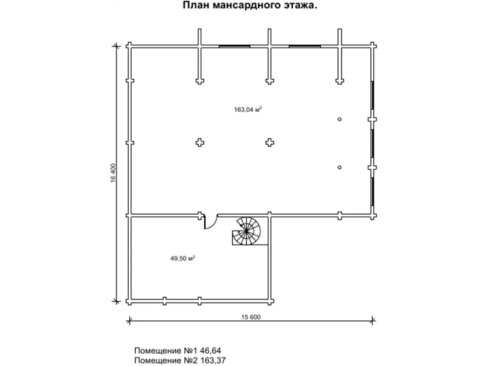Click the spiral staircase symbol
[x=246, y=231]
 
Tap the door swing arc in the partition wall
[x=210, y=222]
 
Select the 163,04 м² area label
[x=248, y=109]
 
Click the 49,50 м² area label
[x=182, y=258]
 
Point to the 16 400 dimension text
[x=113, y=173]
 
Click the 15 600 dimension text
[x=251, y=317]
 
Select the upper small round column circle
[x=340, y=119]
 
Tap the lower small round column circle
[x=340, y=167]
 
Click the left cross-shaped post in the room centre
[x=200, y=143]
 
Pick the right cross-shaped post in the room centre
[x=270, y=143]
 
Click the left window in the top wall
[x=235, y=46]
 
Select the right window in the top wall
[x=304, y=46]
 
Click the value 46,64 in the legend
[x=210, y=351]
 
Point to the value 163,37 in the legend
[x=212, y=361]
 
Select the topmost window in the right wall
[x=372, y=95]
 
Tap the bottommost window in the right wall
[x=372, y=192]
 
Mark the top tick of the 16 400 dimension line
[x=117, y=46]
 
